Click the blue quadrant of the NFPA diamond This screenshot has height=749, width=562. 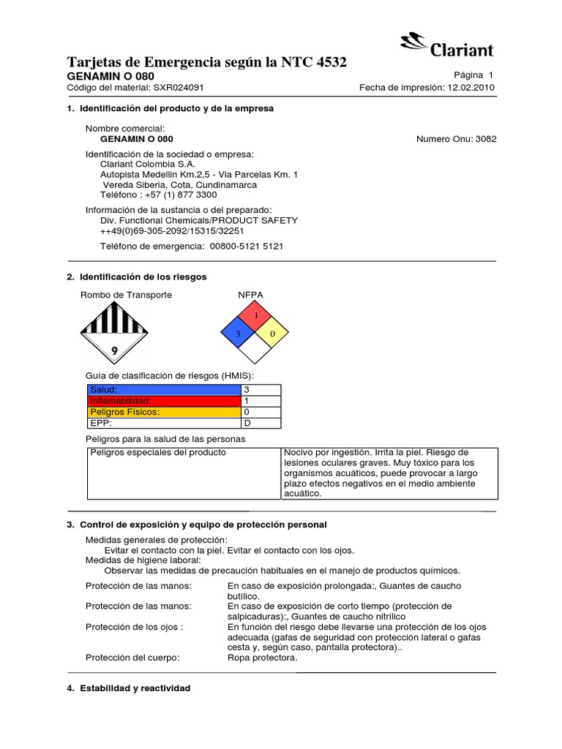238,334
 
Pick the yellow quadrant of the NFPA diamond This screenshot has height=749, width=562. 273,334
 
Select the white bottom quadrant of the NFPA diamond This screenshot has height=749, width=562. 255,351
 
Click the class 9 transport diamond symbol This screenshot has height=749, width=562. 113,334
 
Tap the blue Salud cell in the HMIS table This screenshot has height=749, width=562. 164,390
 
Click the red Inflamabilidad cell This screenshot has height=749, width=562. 164,401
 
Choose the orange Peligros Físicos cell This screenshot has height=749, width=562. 164,412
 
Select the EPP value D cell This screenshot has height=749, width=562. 261,423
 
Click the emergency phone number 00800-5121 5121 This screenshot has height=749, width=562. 246,246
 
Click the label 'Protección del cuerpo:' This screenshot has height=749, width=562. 132,658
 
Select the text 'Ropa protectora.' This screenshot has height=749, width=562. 262,658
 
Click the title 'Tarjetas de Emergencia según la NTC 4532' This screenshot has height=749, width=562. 207,63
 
